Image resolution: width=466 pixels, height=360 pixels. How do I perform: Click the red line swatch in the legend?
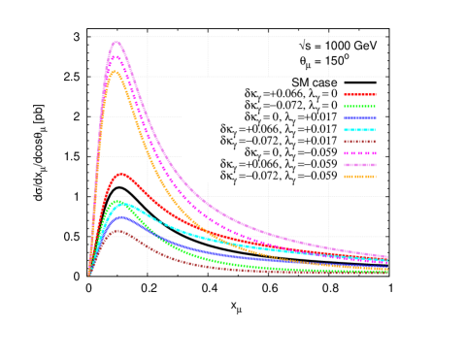point(359,95)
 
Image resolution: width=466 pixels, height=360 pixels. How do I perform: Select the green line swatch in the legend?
point(359,107)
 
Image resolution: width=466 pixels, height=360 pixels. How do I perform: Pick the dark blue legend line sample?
point(359,118)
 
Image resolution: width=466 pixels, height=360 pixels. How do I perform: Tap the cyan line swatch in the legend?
point(359,130)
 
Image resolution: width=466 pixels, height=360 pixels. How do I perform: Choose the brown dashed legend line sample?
point(359,142)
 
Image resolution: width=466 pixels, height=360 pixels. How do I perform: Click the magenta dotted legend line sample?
point(359,153)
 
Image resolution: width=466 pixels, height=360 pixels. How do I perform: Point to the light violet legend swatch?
point(359,165)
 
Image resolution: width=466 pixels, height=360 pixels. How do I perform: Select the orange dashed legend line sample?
point(359,177)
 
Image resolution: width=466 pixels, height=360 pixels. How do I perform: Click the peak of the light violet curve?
point(117,42)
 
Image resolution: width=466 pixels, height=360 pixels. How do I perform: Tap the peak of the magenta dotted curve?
point(116,56)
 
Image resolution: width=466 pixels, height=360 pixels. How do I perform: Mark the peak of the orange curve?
point(115,72)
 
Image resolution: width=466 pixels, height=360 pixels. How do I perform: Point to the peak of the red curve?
point(121,174)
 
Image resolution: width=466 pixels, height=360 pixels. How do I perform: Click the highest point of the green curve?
point(117,202)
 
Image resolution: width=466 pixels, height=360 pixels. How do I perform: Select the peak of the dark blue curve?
point(118,215)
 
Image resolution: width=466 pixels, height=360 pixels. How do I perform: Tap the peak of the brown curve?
point(117,231)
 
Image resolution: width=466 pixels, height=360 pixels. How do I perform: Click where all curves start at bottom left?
point(89,275)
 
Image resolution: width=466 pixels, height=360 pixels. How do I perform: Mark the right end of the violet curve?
point(387,257)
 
